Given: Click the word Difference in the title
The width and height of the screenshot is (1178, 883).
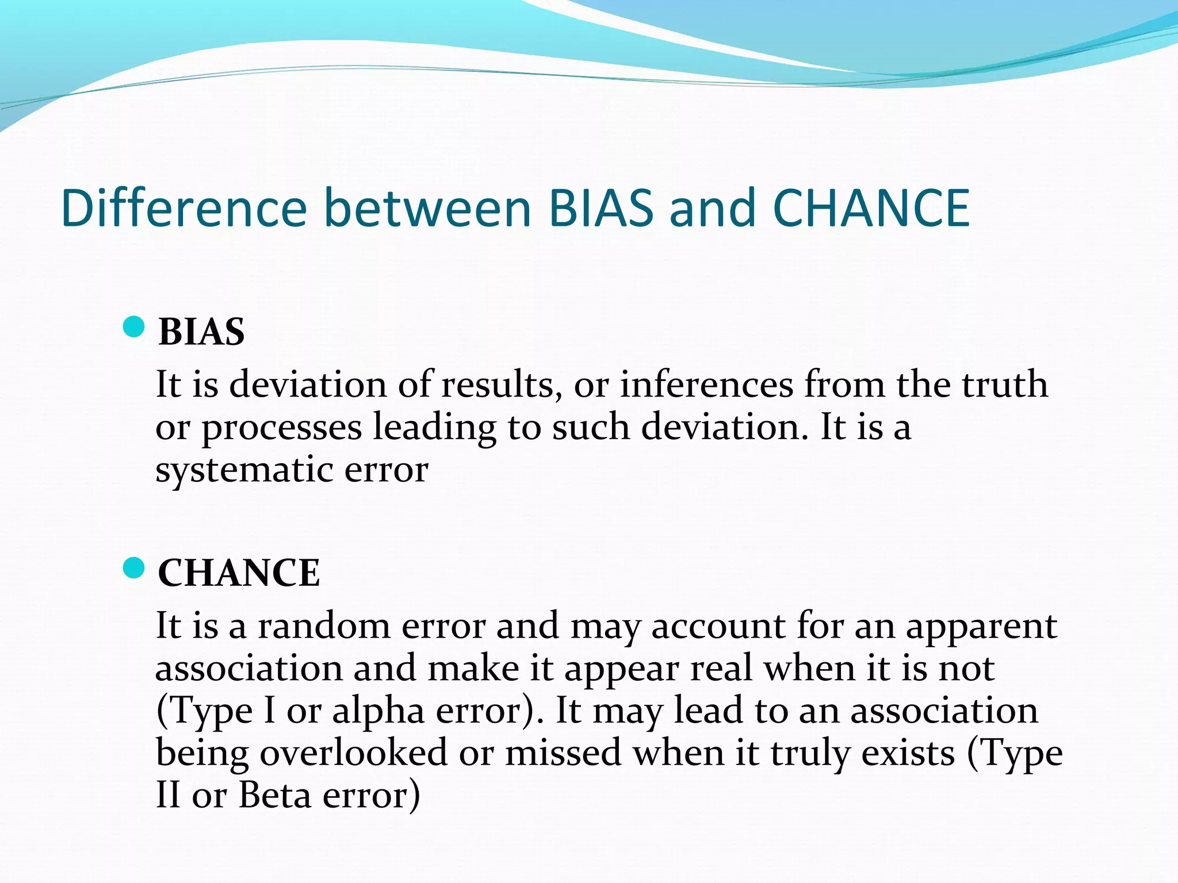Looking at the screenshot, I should click(x=184, y=208).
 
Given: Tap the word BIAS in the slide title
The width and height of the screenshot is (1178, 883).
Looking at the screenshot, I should click(x=601, y=208).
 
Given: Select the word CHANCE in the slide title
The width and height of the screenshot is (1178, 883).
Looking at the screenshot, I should click(x=871, y=208).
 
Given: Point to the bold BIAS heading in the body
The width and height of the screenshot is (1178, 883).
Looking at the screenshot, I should click(x=201, y=332).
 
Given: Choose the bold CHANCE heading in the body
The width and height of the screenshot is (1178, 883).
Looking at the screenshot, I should click(x=239, y=573).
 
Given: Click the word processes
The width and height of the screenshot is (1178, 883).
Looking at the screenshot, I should click(x=281, y=429).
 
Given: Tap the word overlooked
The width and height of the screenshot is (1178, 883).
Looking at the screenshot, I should click(x=353, y=753).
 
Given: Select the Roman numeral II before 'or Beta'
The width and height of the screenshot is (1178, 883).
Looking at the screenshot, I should click(x=168, y=796).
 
